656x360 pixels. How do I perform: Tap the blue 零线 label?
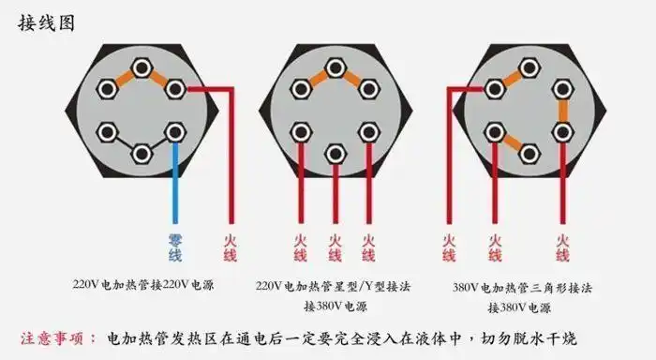point(175,247)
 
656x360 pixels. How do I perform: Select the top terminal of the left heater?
point(142,67)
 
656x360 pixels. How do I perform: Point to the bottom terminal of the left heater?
point(142,151)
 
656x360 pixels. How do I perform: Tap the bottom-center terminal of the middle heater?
point(335,151)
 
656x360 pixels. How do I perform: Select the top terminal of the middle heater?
point(335,67)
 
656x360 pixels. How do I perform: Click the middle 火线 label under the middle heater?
point(335,247)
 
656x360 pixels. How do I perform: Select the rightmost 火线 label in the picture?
point(562,247)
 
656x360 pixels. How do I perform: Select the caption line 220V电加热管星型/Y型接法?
point(334,284)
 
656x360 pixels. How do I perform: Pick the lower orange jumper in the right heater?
point(512,142)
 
